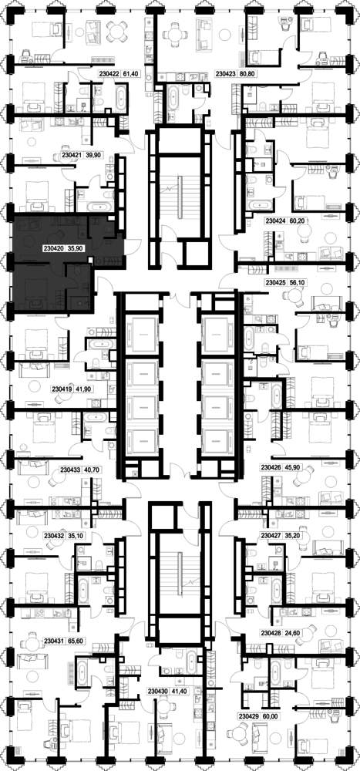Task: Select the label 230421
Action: point(71,154)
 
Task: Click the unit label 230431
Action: point(54,641)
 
